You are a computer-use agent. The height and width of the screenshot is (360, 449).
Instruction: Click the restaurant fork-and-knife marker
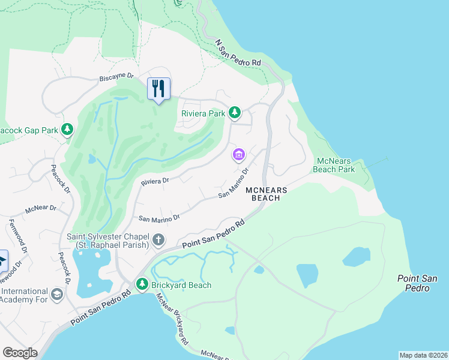tap(158, 89)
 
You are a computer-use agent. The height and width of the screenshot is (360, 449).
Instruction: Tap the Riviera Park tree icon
tap(235, 112)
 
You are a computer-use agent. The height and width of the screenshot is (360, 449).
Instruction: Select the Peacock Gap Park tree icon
tap(68, 130)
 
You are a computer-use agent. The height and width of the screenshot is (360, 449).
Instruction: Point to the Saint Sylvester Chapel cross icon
tap(158, 241)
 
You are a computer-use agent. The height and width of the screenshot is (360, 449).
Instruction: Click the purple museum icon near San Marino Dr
tap(239, 155)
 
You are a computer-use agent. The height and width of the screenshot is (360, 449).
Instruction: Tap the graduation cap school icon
tap(56, 295)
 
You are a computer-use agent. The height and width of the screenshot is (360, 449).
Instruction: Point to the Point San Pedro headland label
tap(414, 283)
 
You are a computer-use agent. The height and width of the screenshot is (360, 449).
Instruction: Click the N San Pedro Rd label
tap(238, 53)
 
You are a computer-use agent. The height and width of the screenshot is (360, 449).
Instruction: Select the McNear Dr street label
tap(40, 209)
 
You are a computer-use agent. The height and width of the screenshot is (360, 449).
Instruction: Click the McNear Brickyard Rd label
tap(173, 319)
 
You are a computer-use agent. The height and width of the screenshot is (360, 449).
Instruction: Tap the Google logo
tap(20, 353)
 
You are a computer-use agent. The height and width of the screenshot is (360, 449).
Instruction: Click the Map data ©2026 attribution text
tap(423, 355)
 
